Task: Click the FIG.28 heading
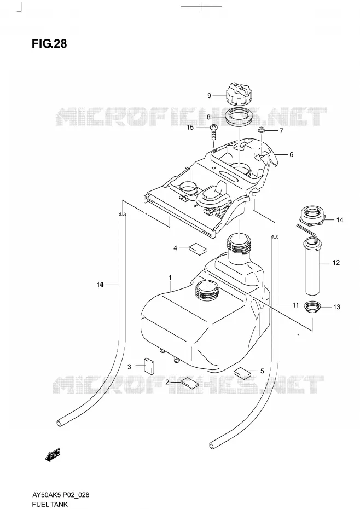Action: click(x=49, y=43)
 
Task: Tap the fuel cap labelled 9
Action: click(x=239, y=93)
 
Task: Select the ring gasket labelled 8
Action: click(x=239, y=117)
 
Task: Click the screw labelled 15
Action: click(x=213, y=132)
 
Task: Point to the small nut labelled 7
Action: click(x=261, y=130)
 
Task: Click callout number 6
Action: click(x=291, y=154)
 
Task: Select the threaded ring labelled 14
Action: click(x=311, y=216)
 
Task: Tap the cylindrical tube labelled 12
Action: click(x=312, y=267)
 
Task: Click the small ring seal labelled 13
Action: click(x=312, y=306)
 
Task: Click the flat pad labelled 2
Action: click(x=190, y=383)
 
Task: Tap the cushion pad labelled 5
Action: click(x=242, y=373)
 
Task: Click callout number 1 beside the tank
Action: click(x=170, y=277)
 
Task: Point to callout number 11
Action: click(x=295, y=305)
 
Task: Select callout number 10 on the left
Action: click(x=100, y=285)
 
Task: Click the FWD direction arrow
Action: click(x=53, y=455)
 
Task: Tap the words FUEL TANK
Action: click(x=50, y=504)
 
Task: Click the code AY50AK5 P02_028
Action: click(x=61, y=495)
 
